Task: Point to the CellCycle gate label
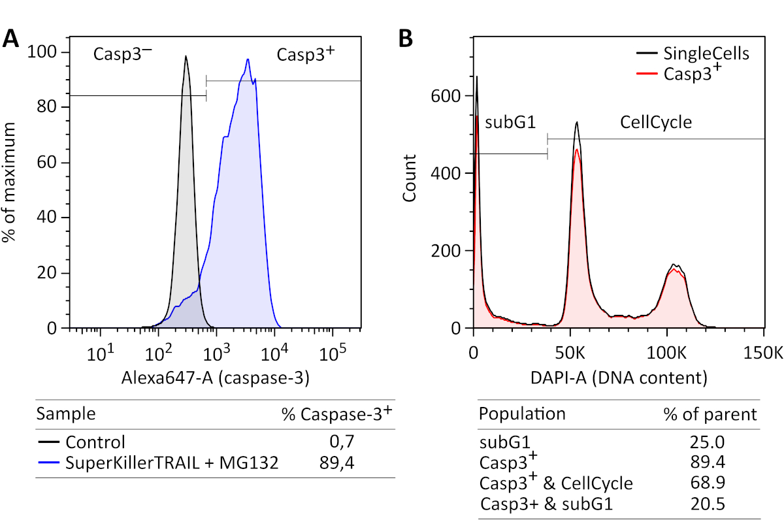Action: pos(656,122)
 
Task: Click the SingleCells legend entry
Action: pos(706,53)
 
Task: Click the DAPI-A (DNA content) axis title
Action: pos(618,377)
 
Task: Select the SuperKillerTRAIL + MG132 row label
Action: pos(172,463)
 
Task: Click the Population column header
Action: pos(523,414)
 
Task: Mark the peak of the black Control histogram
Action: pos(186,57)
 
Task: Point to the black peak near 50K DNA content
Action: pos(576,122)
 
